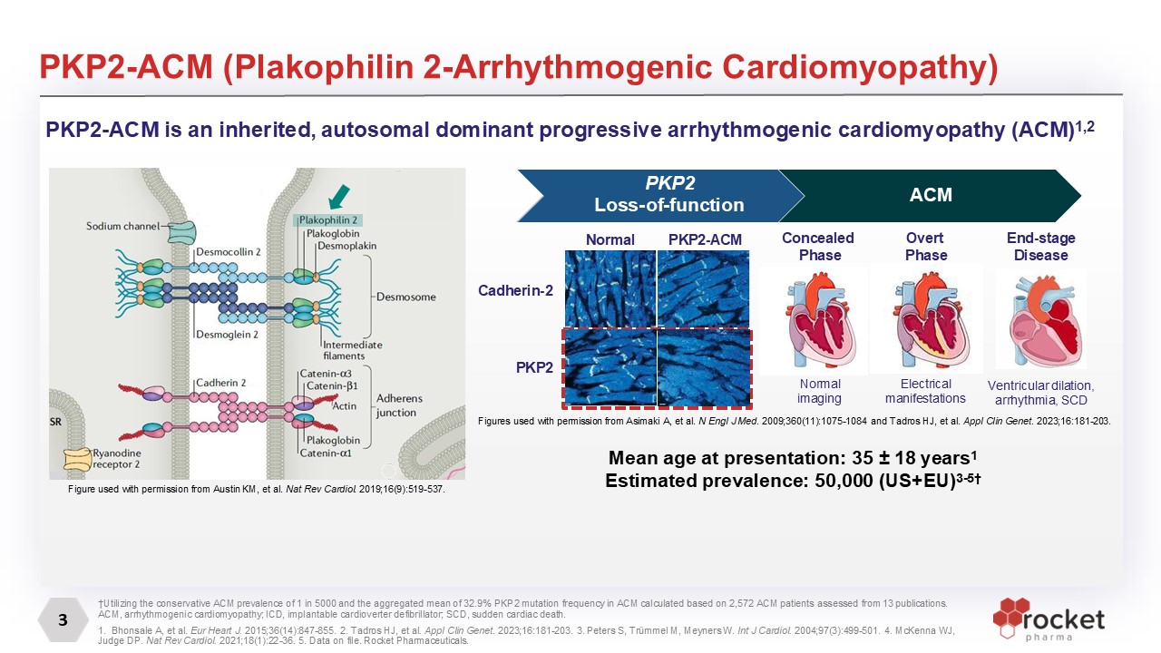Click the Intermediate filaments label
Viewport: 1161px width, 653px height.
point(353,350)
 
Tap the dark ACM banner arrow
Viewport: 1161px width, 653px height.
point(930,195)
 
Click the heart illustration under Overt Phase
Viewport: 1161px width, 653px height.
point(925,317)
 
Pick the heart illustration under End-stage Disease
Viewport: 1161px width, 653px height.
point(1040,317)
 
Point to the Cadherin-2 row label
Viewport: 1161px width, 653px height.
point(515,291)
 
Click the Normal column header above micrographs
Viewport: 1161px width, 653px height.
point(610,239)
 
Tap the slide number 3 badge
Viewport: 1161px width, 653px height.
point(63,621)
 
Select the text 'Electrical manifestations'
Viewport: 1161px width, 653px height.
point(926,391)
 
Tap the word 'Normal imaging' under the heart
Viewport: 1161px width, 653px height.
point(818,391)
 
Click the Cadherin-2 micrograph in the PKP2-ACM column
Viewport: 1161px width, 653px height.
point(704,288)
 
